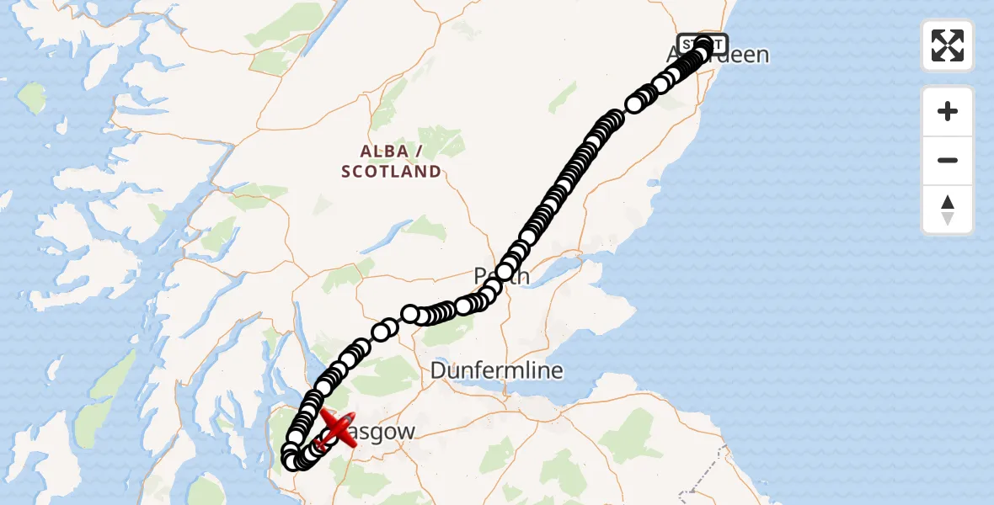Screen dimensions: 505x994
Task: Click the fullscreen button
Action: click(x=948, y=45)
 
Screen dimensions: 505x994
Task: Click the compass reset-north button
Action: click(x=948, y=210)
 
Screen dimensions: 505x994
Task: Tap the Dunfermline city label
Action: click(x=497, y=370)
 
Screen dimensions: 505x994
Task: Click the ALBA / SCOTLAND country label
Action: click(x=391, y=161)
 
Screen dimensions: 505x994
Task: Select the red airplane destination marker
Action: click(x=336, y=428)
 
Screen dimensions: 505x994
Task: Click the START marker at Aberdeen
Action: click(x=702, y=43)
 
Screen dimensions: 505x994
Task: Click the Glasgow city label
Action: click(x=383, y=433)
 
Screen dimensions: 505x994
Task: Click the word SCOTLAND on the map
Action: click(x=391, y=172)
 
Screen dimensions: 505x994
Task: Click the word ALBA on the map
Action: click(x=378, y=151)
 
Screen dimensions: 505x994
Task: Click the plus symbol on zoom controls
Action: click(x=948, y=111)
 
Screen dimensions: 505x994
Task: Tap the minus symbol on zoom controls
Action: click(x=948, y=161)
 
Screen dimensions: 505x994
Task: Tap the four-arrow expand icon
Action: click(x=948, y=45)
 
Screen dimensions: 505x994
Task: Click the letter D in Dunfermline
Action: click(x=439, y=370)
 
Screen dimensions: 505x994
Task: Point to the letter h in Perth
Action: click(x=524, y=276)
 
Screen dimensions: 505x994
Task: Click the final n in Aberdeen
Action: click(x=763, y=56)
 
